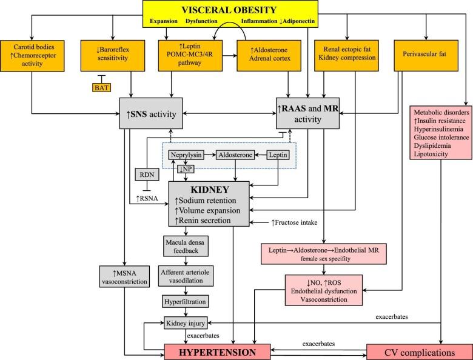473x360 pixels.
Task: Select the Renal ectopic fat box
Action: pos(347,53)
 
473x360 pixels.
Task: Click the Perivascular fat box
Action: pos(424,53)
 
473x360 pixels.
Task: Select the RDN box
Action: pos(145,175)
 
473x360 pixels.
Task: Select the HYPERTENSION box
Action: pos(220,352)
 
